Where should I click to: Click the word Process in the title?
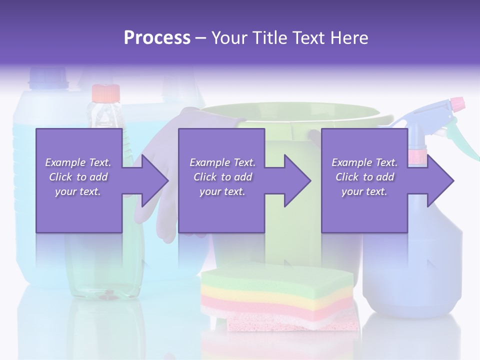click(x=157, y=37)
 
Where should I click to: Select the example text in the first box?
click(x=78, y=177)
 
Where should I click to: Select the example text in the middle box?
click(x=222, y=177)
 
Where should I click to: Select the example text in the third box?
click(x=364, y=177)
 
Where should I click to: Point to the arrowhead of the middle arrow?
click(x=296, y=180)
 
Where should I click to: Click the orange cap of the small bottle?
click(x=105, y=92)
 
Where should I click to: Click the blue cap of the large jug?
click(x=48, y=76)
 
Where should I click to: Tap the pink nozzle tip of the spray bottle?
click(x=457, y=104)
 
